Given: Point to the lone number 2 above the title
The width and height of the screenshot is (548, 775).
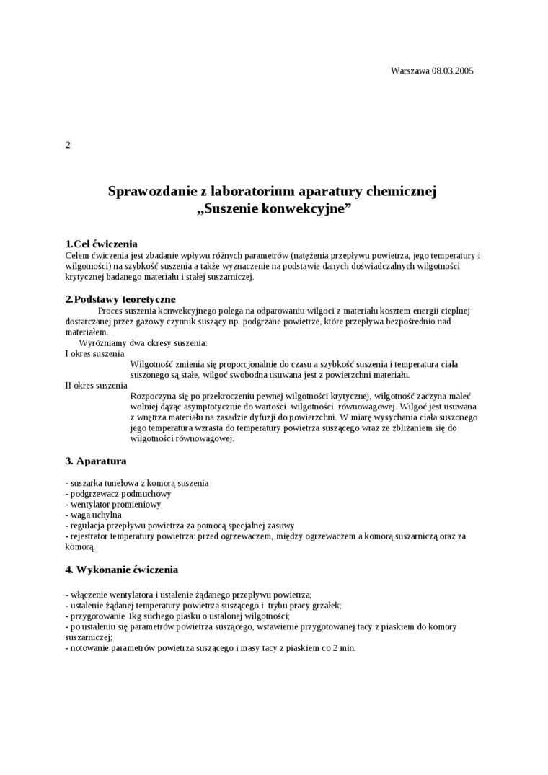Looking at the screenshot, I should pyautogui.click(x=68, y=145).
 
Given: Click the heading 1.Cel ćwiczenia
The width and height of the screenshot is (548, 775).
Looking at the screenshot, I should pyautogui.click(x=102, y=244).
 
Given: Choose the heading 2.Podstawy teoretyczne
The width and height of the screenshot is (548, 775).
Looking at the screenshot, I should pyautogui.click(x=120, y=299).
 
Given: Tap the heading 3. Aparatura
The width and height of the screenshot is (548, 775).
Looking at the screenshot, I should pyautogui.click(x=96, y=460).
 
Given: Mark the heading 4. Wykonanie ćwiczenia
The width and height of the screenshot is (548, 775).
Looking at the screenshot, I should pyautogui.click(x=121, y=570).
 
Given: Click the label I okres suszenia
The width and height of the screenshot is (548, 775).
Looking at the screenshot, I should pyautogui.click(x=94, y=353).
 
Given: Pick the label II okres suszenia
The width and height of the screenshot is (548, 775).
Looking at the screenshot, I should pyautogui.click(x=97, y=385).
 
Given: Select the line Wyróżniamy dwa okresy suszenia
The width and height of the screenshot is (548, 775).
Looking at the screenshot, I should pyautogui.click(x=143, y=342).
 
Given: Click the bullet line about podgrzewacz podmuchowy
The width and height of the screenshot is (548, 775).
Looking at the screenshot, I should pyautogui.click(x=118, y=494).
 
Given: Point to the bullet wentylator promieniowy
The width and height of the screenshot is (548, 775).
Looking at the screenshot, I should pyautogui.click(x=113, y=505).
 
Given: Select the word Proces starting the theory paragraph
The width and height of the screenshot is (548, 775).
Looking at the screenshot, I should pyautogui.click(x=110, y=311).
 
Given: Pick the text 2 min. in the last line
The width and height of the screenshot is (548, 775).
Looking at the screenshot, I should pyautogui.click(x=344, y=648).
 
